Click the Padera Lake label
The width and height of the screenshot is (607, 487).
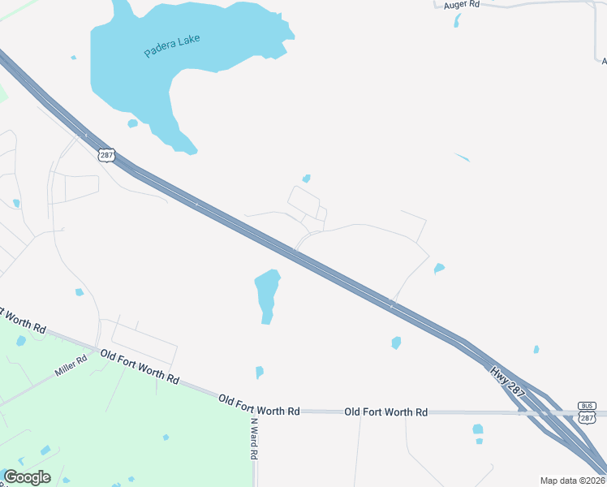(x=172, y=45)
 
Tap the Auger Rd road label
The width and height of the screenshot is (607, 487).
(x=462, y=5)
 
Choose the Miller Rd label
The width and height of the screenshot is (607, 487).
(x=71, y=366)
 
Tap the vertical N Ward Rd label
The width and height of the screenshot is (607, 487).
(x=253, y=438)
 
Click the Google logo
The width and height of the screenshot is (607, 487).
(x=27, y=477)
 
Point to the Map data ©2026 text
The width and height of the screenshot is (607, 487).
(x=573, y=481)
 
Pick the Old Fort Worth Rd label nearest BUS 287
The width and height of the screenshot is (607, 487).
(x=385, y=412)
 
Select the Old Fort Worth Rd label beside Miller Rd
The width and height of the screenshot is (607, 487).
(x=139, y=366)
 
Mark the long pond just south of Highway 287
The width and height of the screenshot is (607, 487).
(x=267, y=295)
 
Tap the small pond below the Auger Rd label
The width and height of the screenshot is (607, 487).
(x=458, y=20)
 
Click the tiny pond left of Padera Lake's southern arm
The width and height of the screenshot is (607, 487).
(x=132, y=123)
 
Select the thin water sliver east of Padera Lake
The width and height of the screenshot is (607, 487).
(x=463, y=157)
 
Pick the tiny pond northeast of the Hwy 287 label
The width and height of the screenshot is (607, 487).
(x=536, y=350)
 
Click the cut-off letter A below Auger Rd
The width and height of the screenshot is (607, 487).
(x=604, y=61)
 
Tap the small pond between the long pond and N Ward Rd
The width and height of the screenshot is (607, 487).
(x=260, y=372)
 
